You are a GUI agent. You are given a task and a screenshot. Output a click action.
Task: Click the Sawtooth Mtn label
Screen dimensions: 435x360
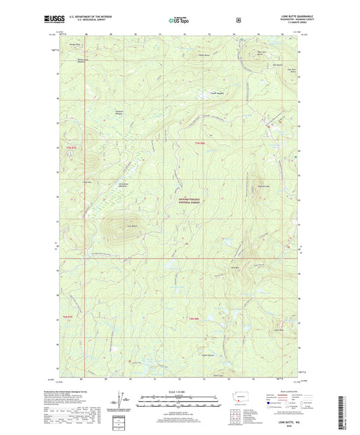(x=264, y=184)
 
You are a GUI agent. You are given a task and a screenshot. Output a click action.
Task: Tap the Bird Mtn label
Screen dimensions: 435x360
(x=235, y=268)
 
